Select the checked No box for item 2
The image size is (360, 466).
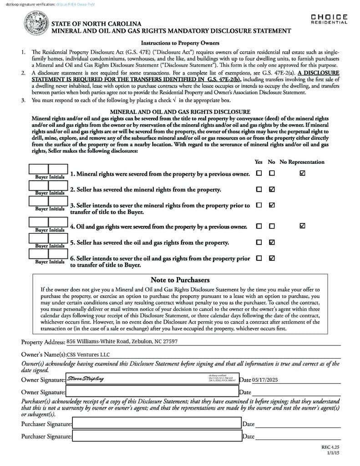(272, 189)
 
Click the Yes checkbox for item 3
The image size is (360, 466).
(259, 205)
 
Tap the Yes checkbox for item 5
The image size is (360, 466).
(259, 242)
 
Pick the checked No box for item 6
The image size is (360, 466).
(272, 258)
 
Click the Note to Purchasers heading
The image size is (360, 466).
(180, 280)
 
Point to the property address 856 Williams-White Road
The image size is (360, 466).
(122, 341)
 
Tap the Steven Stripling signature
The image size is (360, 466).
(85, 379)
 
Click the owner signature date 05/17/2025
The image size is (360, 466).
(264, 380)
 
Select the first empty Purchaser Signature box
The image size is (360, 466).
(157, 424)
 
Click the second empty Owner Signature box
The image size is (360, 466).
(152, 391)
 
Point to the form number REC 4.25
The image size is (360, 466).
(331, 447)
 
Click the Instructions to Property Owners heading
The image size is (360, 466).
(180, 43)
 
